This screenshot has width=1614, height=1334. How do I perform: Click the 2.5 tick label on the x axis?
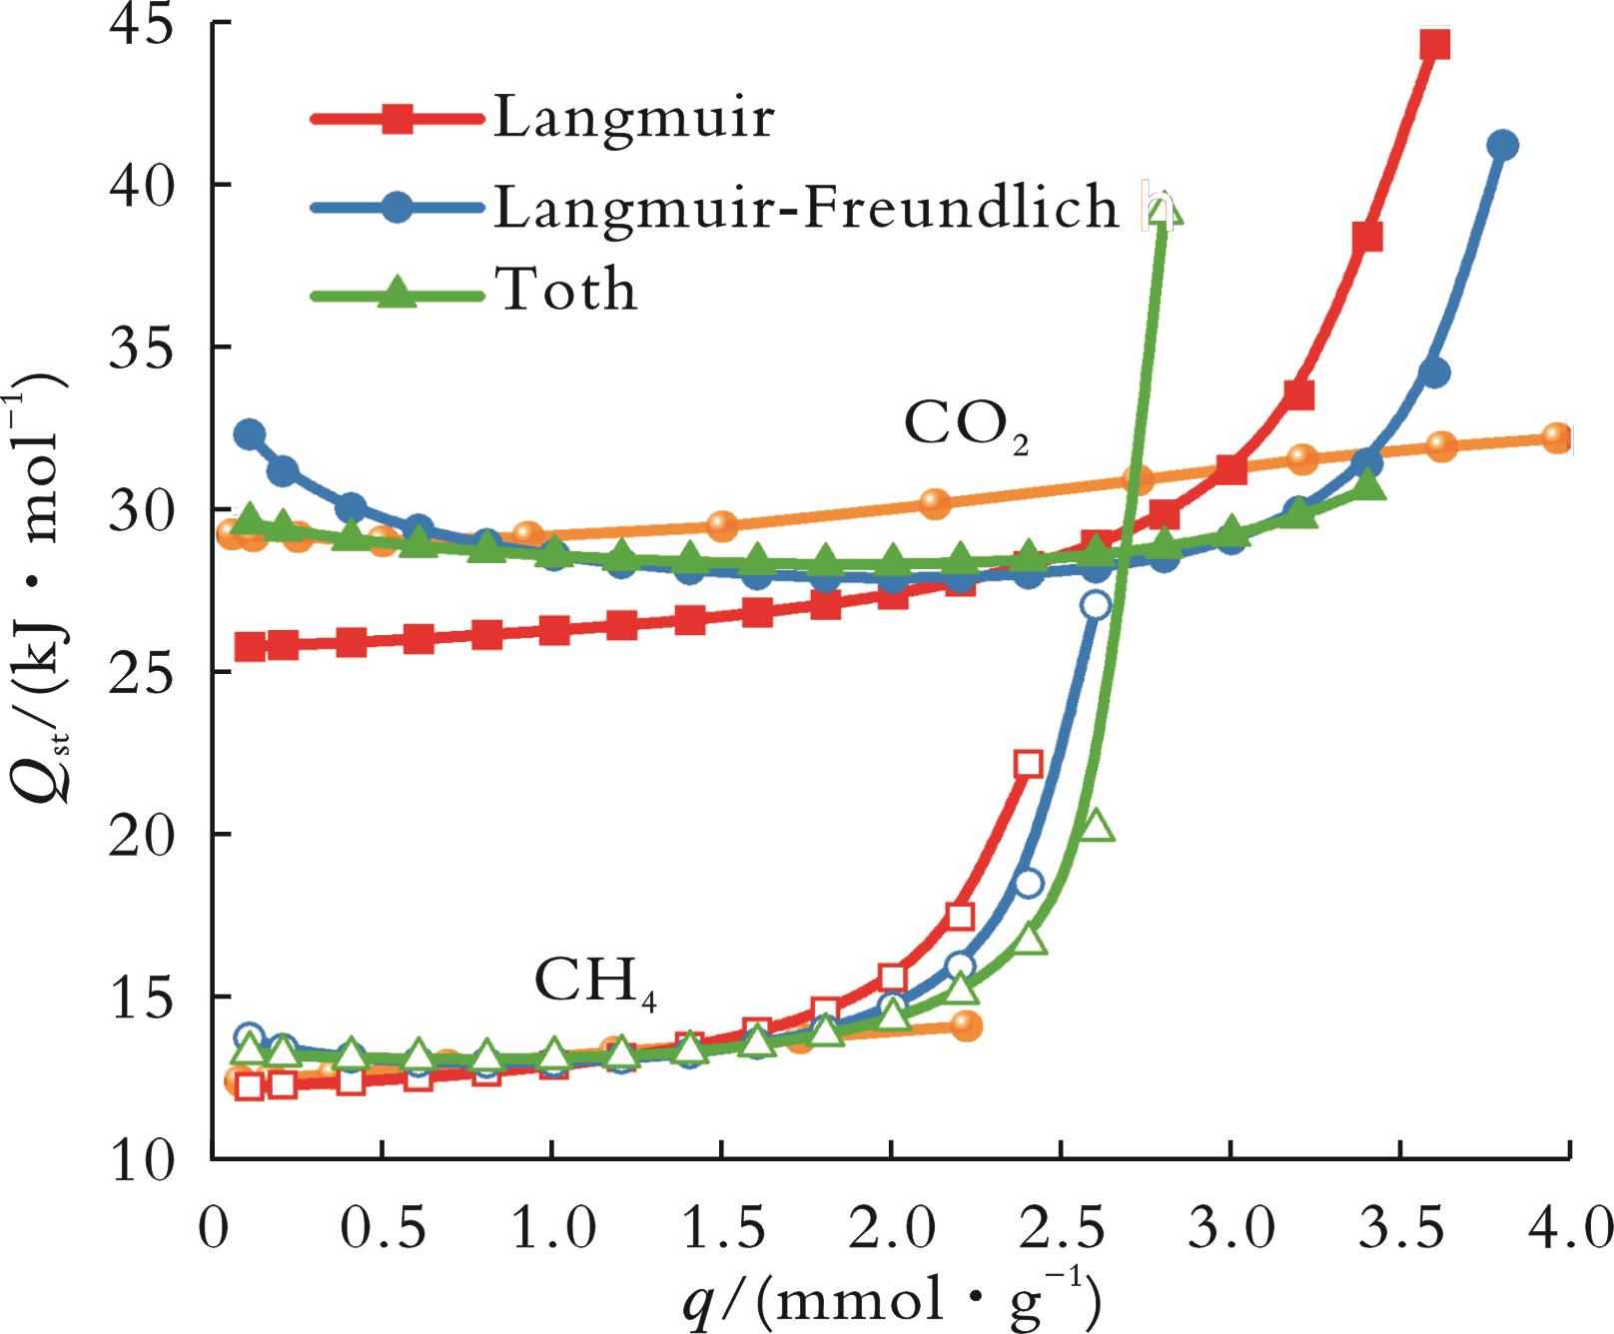tap(1062, 1224)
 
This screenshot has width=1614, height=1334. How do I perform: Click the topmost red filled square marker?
tap(1434, 45)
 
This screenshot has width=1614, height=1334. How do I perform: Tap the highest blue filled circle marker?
tap(1502, 146)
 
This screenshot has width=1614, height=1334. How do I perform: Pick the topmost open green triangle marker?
tap(1165, 212)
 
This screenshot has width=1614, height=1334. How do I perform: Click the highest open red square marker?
tap(1028, 764)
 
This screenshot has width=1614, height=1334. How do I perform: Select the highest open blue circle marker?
tap(1096, 605)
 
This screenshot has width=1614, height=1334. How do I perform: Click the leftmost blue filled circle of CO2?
tap(250, 434)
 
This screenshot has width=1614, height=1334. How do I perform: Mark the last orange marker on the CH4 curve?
tap(966, 1025)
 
